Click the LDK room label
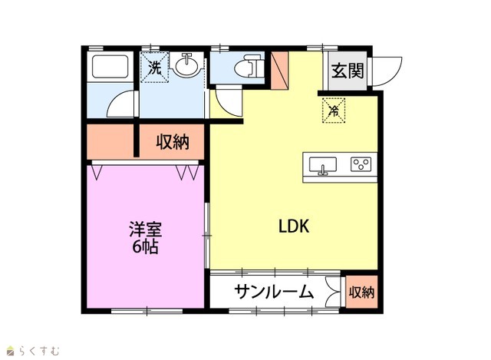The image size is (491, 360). pyautogui.click(x=294, y=226)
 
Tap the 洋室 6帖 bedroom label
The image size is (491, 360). pyautogui.click(x=145, y=238)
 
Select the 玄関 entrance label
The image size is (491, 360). pyautogui.click(x=348, y=71)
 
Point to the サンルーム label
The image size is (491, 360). pyautogui.click(x=274, y=292)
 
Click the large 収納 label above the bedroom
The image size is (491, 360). pyautogui.click(x=173, y=142)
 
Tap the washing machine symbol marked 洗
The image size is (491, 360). pyautogui.click(x=154, y=68)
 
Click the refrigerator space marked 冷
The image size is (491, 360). pyautogui.click(x=334, y=111)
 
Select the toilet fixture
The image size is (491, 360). pyautogui.click(x=249, y=66)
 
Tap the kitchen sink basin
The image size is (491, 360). pyautogui.click(x=323, y=164)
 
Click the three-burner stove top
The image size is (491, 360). pyautogui.click(x=361, y=164)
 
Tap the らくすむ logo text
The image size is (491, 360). pyautogui.click(x=39, y=351)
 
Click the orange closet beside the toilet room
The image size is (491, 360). pyautogui.click(x=279, y=70)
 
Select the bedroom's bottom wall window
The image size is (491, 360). pyautogui.click(x=147, y=311)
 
